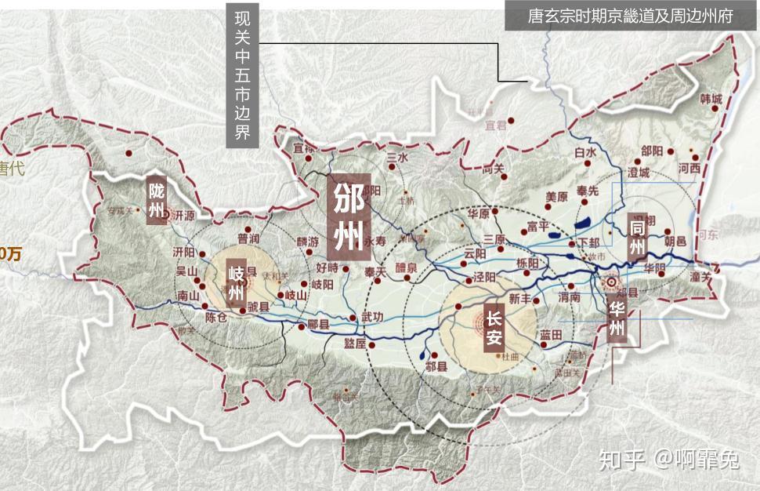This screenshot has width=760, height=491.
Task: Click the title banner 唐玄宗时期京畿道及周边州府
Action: pyautogui.click(x=630, y=16)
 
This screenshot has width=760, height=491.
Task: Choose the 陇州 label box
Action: pyautogui.click(x=157, y=201)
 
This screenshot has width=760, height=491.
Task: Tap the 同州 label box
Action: pyautogui.click(x=638, y=238)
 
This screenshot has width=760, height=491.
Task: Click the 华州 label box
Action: pyautogui.click(x=617, y=318)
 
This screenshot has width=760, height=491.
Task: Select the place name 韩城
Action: pyautogui.click(x=711, y=99)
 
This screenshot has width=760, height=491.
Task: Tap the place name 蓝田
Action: pyautogui.click(x=551, y=335)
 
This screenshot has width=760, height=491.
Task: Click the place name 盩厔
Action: pyautogui.click(x=355, y=344)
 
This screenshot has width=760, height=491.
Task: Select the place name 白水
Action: pyautogui.click(x=585, y=152)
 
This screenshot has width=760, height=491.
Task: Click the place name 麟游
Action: pyautogui.click(x=308, y=242)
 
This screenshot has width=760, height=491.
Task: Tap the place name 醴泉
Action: pyautogui.click(x=407, y=267)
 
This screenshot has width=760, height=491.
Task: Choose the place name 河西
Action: pyautogui.click(x=689, y=167)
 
